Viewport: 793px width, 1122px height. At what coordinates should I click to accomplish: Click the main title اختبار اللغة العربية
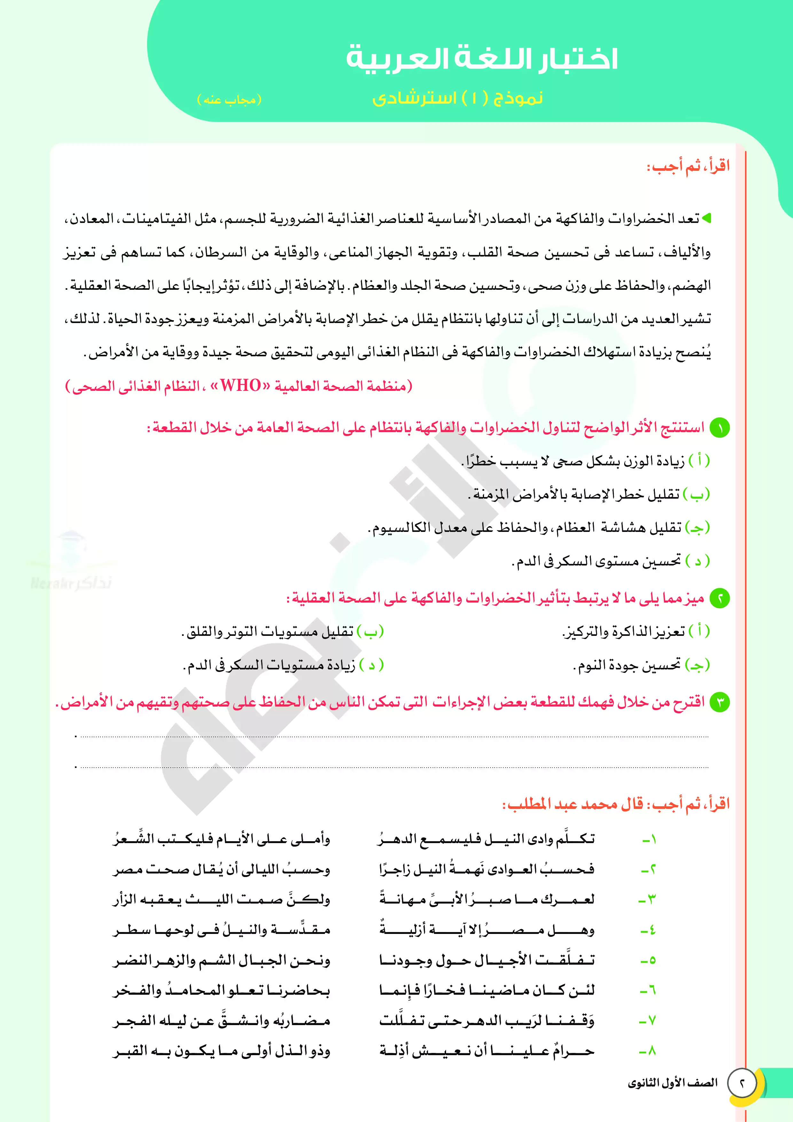coord(482,59)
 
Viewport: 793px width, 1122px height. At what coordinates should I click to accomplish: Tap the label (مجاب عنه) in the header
coord(229,100)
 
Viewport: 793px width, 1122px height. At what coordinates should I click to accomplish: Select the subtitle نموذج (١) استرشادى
coord(457,98)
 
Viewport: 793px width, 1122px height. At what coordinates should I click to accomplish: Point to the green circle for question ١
coord(719,428)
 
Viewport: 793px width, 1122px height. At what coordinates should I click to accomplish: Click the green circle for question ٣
coord(719,702)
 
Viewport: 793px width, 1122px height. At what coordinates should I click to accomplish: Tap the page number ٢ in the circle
coord(742,1083)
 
